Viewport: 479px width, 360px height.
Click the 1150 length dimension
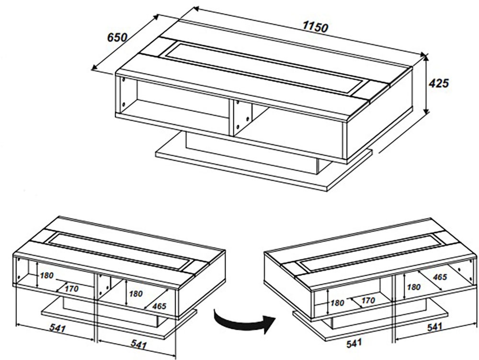pyautogui.click(x=315, y=27)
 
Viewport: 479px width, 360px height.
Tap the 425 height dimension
pyautogui.click(x=438, y=83)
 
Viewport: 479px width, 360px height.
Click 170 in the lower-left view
pyautogui.click(x=71, y=289)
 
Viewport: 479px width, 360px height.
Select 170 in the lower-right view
pyautogui.click(x=368, y=301)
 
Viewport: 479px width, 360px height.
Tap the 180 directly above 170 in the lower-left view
pyautogui.click(x=47, y=276)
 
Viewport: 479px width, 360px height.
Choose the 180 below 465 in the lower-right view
pyautogui.click(x=413, y=287)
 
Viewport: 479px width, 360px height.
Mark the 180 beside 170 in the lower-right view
pyautogui.click(x=337, y=303)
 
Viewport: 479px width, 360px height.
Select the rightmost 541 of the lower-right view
pyautogui.click(x=435, y=327)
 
